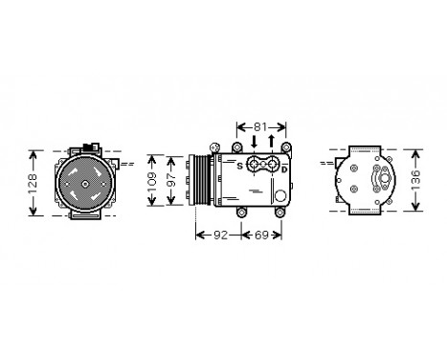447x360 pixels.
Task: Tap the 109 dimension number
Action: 151,180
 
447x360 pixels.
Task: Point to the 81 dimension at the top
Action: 261,126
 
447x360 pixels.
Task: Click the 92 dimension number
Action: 219,233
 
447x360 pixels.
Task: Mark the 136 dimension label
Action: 415,180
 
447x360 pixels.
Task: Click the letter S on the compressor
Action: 239,165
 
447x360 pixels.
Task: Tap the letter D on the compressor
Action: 284,169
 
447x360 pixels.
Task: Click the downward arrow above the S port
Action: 253,142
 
